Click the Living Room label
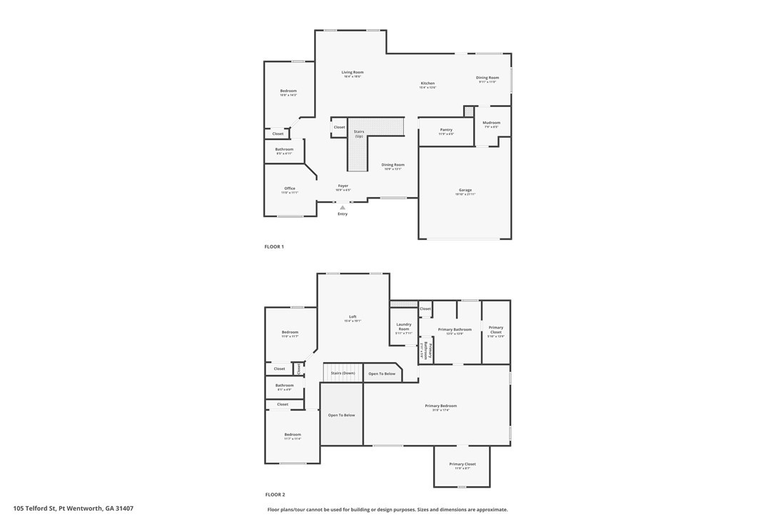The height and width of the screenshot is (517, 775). (x=352, y=72)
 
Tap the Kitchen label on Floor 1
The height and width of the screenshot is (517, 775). (x=427, y=84)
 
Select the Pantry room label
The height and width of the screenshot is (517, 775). (x=446, y=130)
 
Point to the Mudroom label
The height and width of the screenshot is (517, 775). (x=491, y=123)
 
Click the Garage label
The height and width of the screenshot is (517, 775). (x=465, y=190)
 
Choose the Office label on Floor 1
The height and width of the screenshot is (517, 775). (x=290, y=189)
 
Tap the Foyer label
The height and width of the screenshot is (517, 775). (x=343, y=186)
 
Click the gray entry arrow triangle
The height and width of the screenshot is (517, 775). (x=343, y=208)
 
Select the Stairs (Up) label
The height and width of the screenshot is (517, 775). (x=359, y=134)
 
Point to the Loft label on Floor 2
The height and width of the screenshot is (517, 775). (x=353, y=317)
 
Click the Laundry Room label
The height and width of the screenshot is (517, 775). (x=404, y=327)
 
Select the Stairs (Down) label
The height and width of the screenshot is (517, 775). (x=343, y=373)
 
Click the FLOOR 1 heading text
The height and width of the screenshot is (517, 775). (x=274, y=246)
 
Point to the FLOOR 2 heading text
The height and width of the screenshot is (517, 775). (x=275, y=494)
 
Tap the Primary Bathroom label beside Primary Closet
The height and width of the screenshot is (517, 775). (x=455, y=329)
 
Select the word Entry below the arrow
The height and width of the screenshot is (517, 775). (x=343, y=214)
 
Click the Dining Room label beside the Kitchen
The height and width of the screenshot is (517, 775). (x=487, y=78)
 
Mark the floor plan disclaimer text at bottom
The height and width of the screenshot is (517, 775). (x=387, y=510)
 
